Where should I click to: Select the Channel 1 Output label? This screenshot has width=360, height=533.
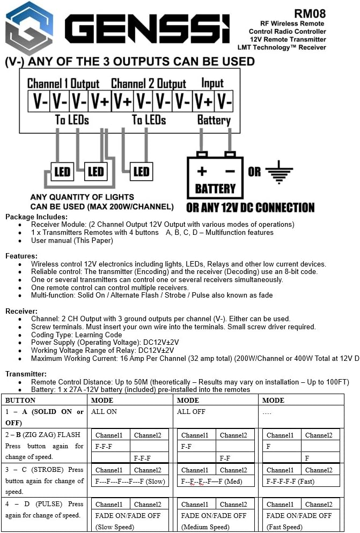click(63, 83)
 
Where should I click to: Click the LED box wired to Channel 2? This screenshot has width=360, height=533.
click(141, 172)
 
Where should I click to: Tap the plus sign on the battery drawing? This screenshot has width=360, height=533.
click(202, 172)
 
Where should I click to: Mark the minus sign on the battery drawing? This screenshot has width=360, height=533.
click(230, 172)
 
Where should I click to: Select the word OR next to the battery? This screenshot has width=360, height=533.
click(254, 173)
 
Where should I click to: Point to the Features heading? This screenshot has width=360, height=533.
click(21, 256)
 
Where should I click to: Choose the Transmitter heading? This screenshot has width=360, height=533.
click(26, 374)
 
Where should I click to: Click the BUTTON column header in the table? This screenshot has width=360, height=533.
click(20, 400)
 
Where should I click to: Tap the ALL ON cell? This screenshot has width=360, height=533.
click(105, 412)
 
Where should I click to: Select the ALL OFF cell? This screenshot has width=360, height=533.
click(192, 412)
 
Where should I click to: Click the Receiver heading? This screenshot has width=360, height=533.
click(21, 311)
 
